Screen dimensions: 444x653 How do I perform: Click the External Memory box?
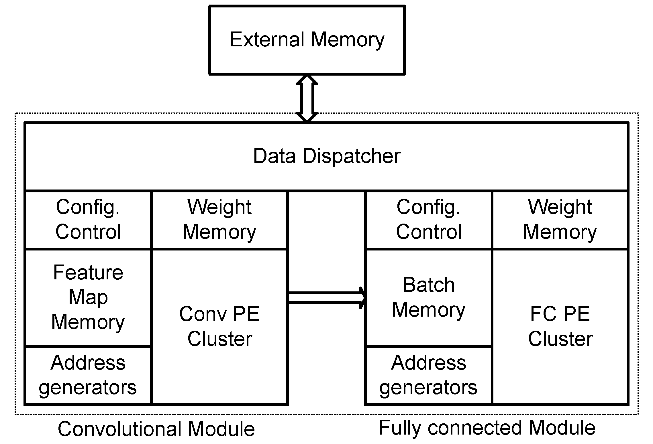tap(307, 40)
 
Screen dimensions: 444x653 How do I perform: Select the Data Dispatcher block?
tap(327, 156)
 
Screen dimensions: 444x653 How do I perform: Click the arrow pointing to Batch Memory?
tap(326, 298)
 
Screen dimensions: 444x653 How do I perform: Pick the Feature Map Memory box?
tap(88, 298)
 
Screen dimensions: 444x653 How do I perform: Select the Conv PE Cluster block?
tap(219, 326)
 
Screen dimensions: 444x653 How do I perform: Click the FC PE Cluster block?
tap(560, 326)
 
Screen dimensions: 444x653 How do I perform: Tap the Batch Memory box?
tap(429, 298)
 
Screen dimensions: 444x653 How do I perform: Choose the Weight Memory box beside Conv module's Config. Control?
tap(219, 220)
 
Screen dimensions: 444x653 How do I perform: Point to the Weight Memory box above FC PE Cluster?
tap(560, 220)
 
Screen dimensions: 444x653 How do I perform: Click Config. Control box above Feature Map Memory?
tap(88, 220)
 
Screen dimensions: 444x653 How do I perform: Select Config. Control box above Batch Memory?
tap(429, 220)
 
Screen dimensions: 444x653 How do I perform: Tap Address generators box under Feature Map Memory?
tap(88, 375)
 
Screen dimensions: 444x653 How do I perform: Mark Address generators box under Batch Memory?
tap(429, 375)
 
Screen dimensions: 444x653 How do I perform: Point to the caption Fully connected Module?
tap(487, 428)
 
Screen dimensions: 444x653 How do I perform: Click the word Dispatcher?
tap(351, 156)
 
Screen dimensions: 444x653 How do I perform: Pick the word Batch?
tap(429, 285)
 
